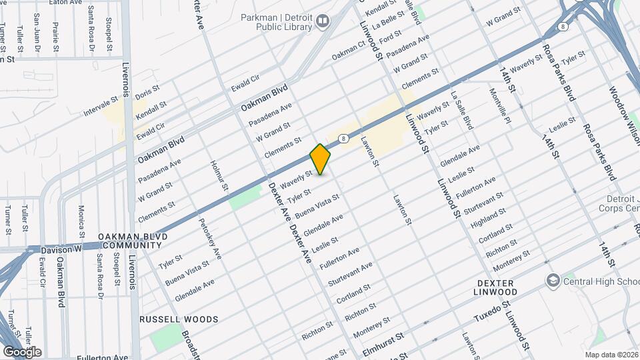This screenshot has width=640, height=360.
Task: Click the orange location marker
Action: [x=320, y=159]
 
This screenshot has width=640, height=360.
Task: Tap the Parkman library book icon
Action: [x=323, y=22]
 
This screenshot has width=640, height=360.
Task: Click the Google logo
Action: [x=22, y=351]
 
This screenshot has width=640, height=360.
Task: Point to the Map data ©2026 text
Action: [x=611, y=354]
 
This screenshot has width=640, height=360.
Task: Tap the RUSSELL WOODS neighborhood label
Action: [x=179, y=319]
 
